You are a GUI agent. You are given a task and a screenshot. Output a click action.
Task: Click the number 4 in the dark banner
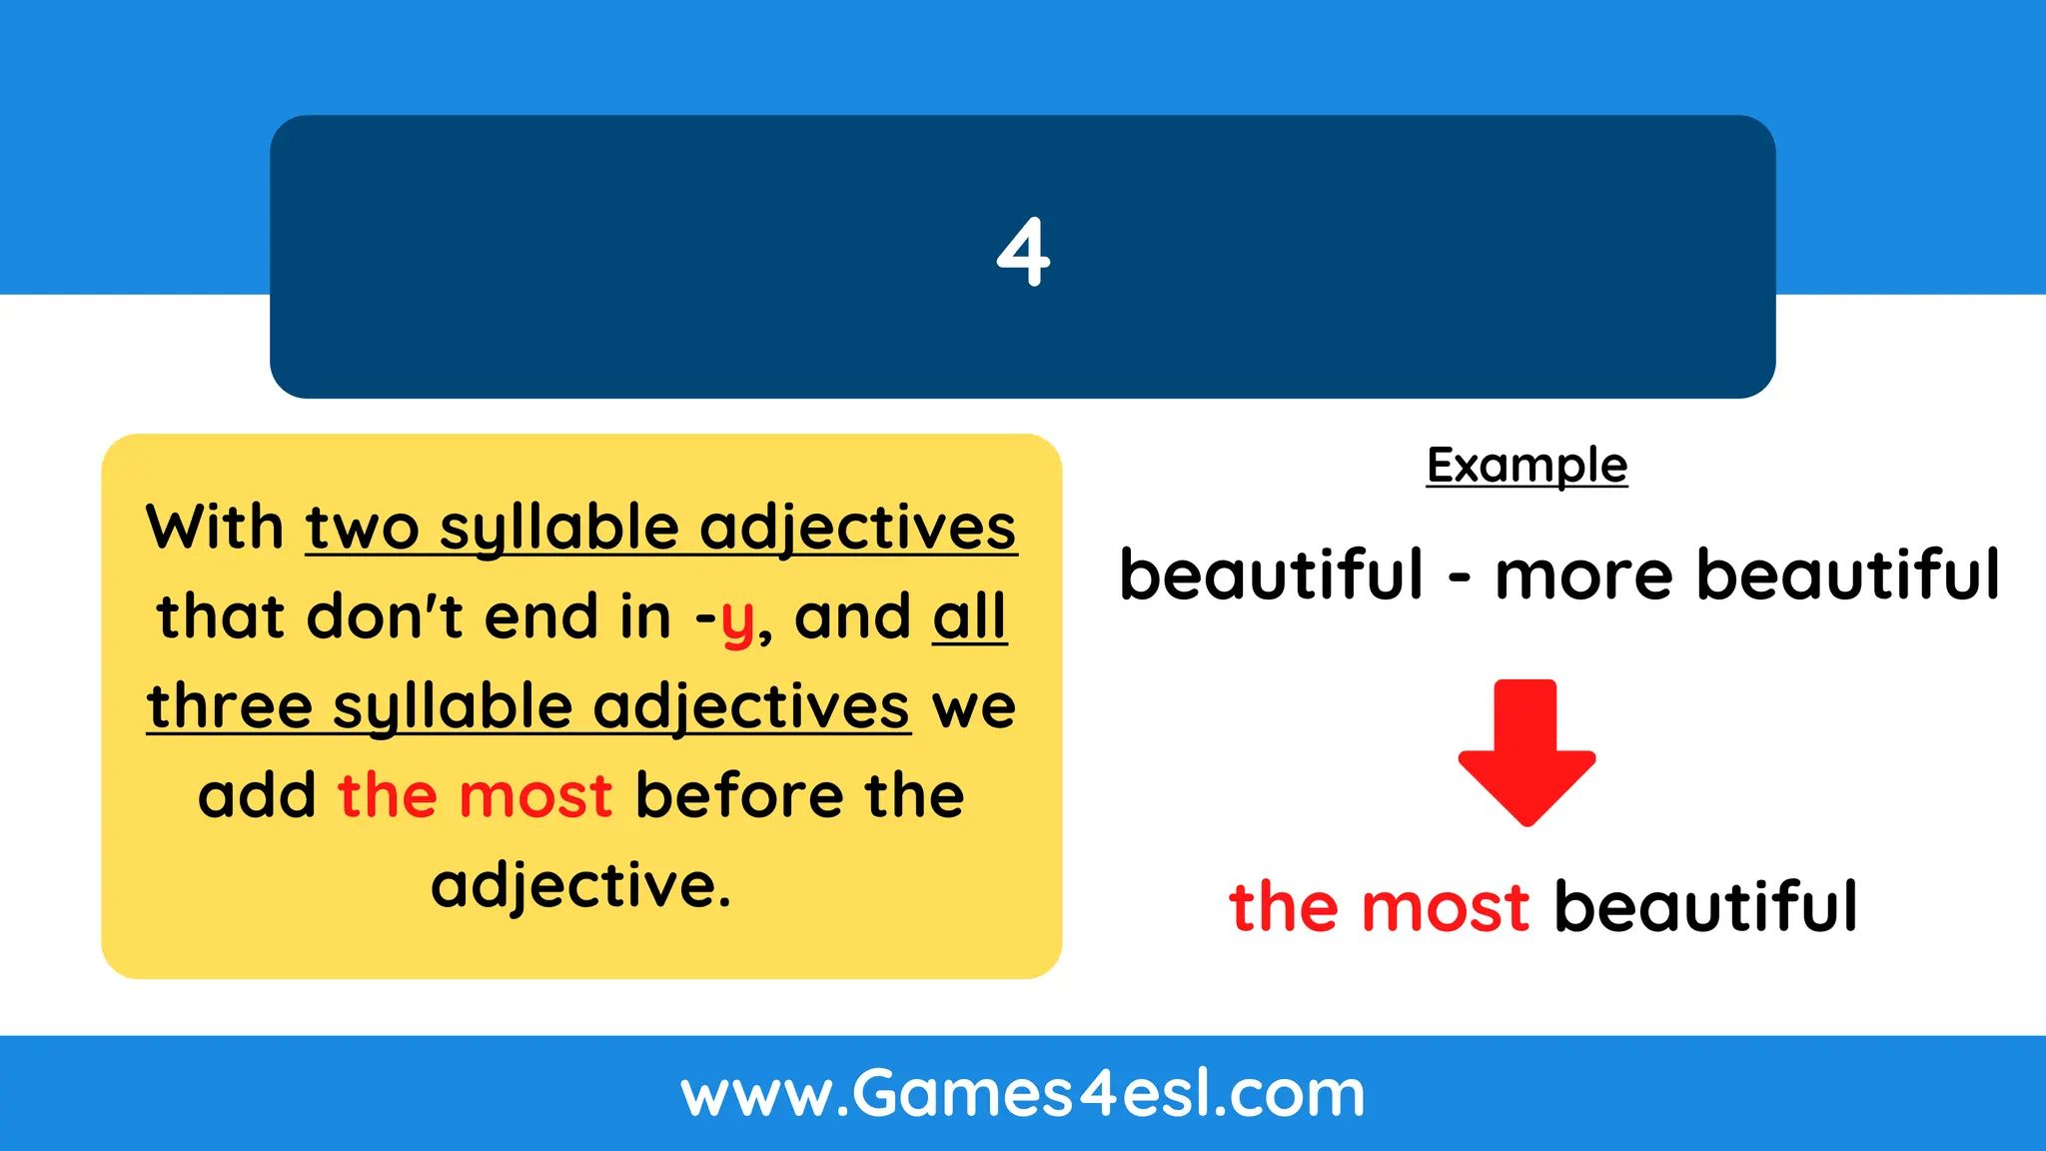(1023, 253)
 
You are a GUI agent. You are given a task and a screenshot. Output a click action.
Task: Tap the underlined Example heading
(1527, 466)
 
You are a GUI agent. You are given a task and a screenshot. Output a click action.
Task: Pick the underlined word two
(362, 529)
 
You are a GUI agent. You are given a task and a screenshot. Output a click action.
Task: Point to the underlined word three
(230, 706)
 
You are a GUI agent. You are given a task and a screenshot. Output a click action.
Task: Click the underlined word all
(969, 616)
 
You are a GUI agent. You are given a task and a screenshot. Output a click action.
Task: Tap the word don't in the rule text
(384, 616)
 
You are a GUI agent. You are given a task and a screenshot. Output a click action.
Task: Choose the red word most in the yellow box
(535, 796)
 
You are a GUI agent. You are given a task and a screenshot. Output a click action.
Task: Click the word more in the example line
(1582, 576)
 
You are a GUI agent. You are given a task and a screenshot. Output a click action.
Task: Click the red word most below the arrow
(1445, 907)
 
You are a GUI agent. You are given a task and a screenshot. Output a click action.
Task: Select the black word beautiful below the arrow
(1705, 907)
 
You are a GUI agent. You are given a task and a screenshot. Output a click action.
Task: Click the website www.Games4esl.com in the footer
(1023, 1094)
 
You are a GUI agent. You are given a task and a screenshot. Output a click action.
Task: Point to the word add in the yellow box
(257, 795)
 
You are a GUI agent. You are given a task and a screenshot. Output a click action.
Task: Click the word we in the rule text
(973, 707)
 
